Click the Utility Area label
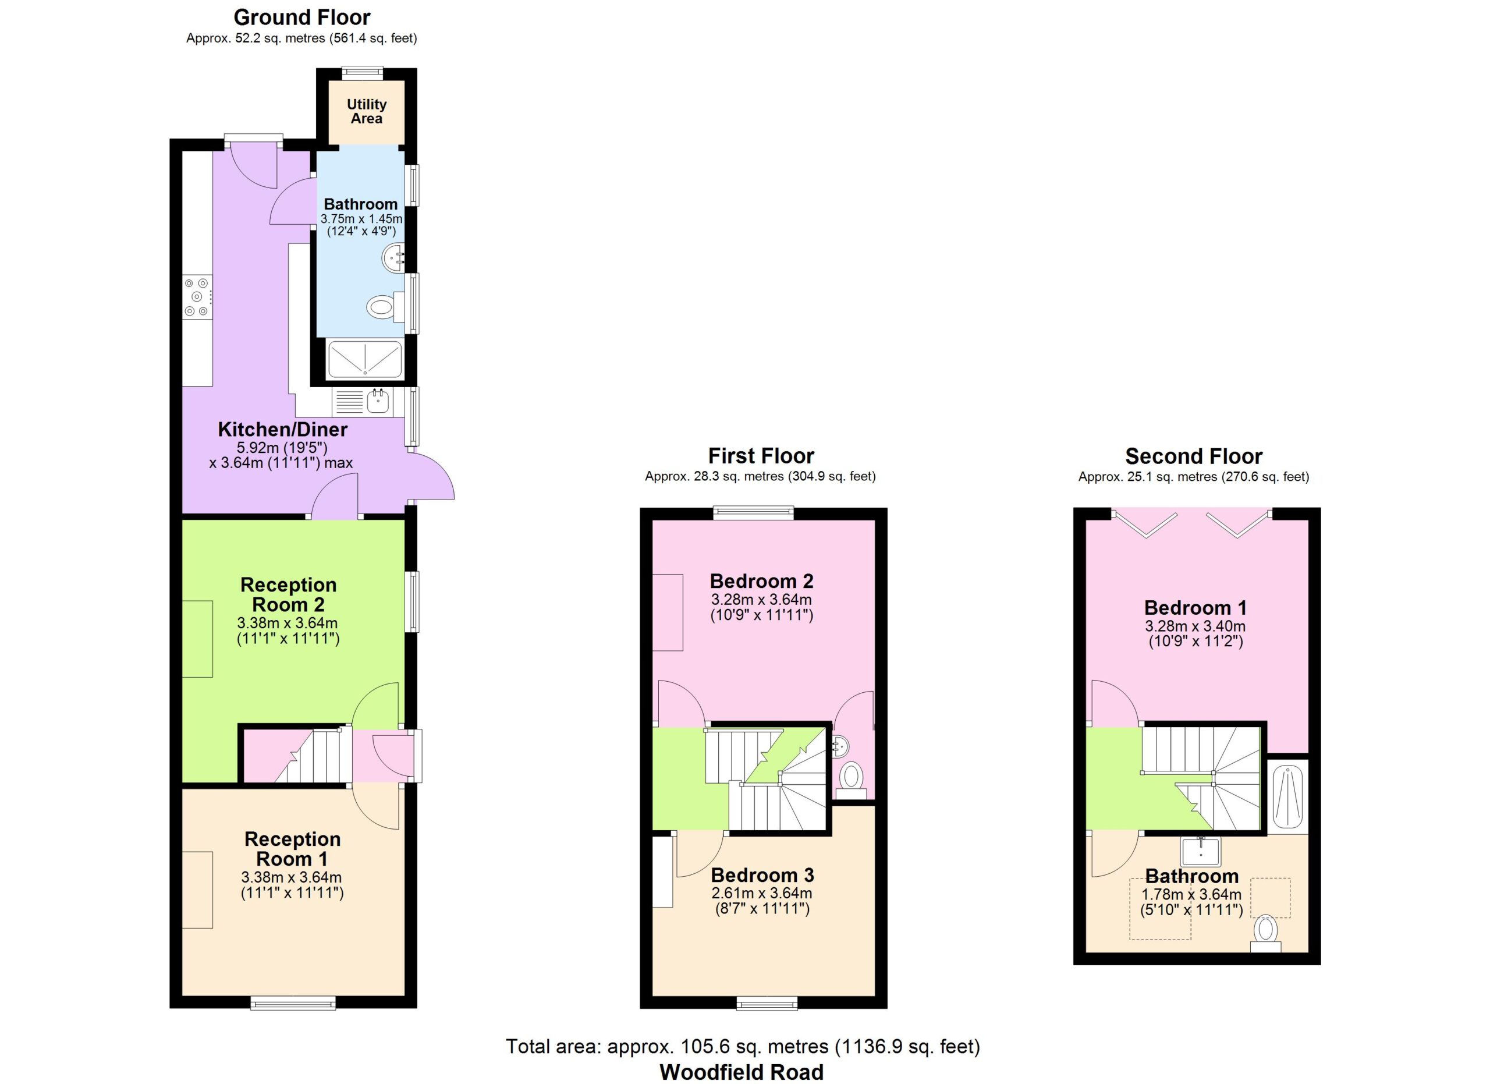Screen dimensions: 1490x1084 coord(367,112)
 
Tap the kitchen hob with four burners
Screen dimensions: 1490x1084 coord(198,297)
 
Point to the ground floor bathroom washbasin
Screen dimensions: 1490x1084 coord(393,258)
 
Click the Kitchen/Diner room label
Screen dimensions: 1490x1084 coord(282,430)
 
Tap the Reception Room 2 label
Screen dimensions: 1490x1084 coord(289,594)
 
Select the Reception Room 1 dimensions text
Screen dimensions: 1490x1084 coord(292,885)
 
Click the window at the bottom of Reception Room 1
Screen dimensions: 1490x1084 coord(293,1002)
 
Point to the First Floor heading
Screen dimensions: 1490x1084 coord(761,456)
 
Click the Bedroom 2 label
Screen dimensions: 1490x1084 coord(761,582)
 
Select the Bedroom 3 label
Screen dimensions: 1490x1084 coord(762,875)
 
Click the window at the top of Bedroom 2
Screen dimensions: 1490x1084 coord(754,513)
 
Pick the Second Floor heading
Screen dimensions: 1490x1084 coord(1194,456)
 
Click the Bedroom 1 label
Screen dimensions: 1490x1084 coord(1195,608)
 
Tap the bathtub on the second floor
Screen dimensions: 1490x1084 coord(1287,798)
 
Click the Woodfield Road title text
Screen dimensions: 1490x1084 coord(741,1072)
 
